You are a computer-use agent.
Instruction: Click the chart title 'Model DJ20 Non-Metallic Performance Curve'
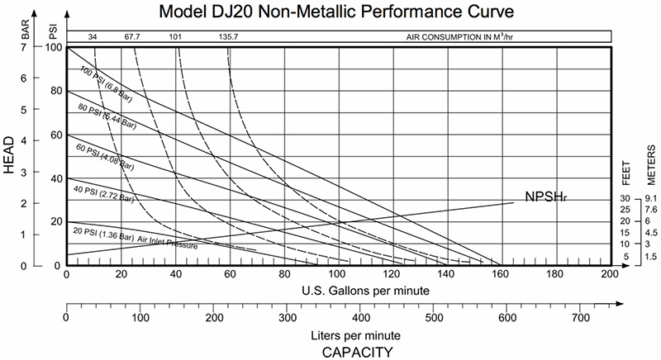coord(338,12)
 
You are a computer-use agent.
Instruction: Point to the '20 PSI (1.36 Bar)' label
coord(102,234)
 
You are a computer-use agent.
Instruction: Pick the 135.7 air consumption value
coord(229,37)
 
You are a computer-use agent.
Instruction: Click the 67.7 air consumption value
coord(132,37)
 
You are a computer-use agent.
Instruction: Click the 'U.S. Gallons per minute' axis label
coord(337,290)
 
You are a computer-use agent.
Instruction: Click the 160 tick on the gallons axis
coord(501,274)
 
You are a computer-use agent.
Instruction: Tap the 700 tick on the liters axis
coord(580,317)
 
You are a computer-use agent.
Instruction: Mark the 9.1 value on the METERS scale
coord(650,198)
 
